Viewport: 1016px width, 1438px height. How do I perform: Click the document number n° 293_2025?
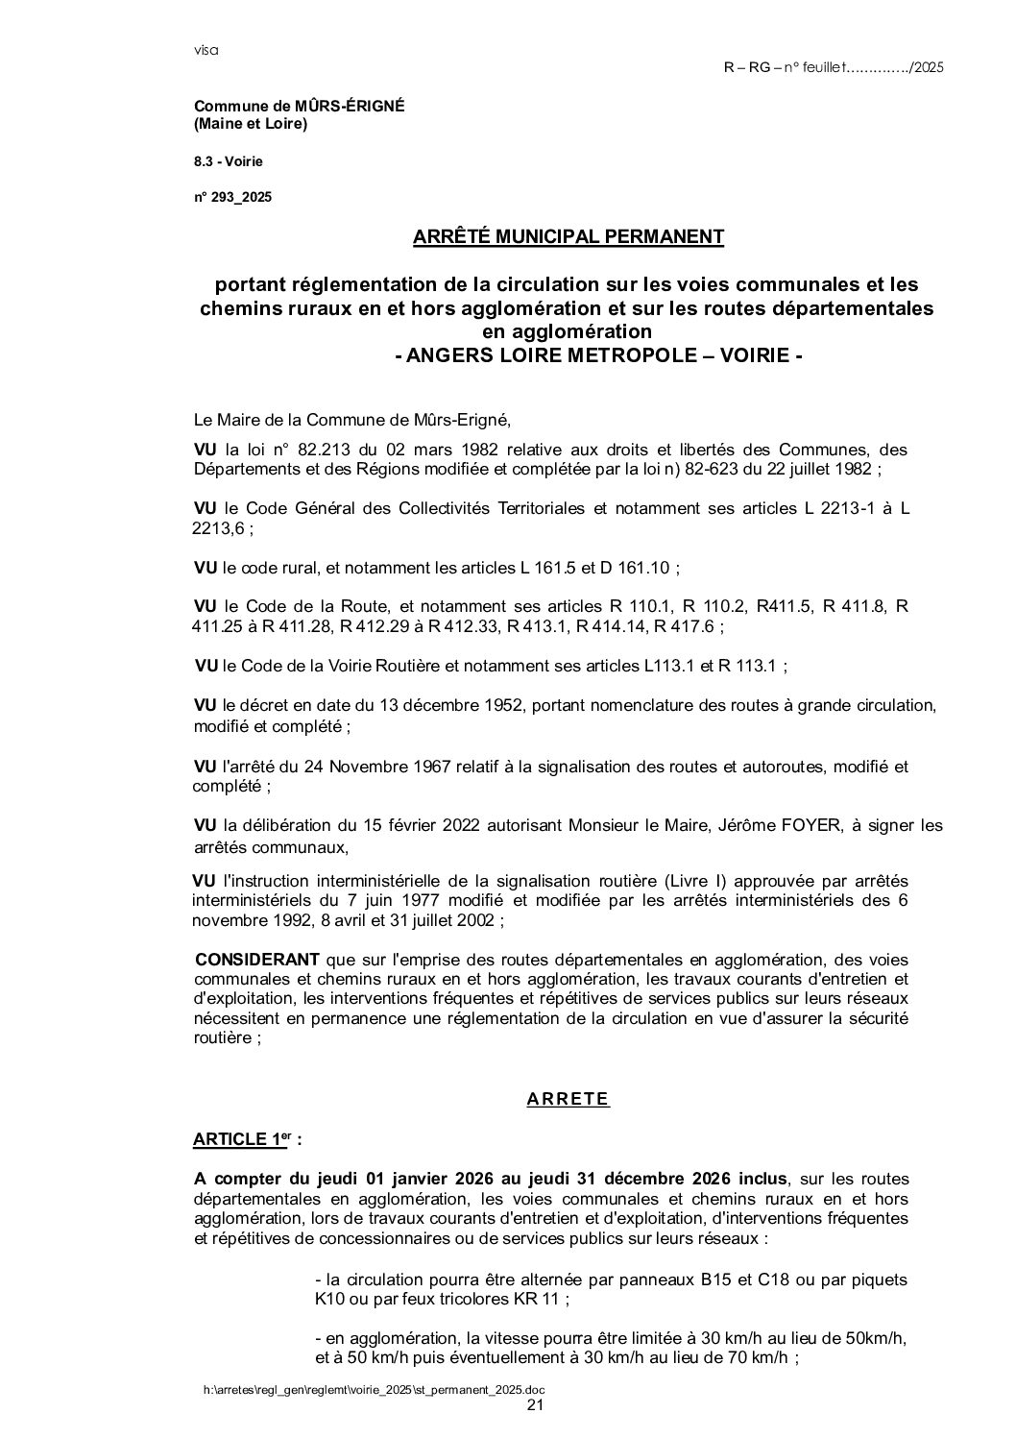pos(233,198)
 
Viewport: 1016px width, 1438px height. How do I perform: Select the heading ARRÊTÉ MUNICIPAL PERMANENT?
pos(568,236)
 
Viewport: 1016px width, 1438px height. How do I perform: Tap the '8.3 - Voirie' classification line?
pos(229,161)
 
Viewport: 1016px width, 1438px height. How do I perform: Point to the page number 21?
pos(536,1405)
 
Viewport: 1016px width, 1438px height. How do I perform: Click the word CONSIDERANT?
pos(257,960)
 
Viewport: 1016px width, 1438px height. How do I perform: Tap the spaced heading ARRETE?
pos(568,1100)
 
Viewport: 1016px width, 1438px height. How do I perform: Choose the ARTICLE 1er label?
pos(247,1140)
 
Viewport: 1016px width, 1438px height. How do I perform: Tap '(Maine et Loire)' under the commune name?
pos(251,124)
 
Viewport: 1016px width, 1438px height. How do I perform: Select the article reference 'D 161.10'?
pos(637,568)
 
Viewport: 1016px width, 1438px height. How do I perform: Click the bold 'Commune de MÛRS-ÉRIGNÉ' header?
pos(300,107)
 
